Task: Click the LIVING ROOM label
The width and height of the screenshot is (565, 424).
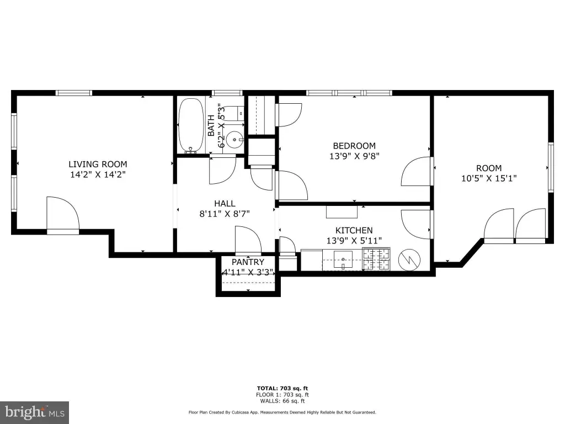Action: pyautogui.click(x=98, y=164)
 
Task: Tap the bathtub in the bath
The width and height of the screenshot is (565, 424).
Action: pyautogui.click(x=191, y=125)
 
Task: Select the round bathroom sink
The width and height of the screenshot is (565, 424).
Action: pyautogui.click(x=234, y=138)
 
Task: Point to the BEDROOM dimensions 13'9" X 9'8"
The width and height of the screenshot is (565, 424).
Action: pyautogui.click(x=355, y=156)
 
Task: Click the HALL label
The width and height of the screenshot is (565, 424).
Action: pyautogui.click(x=225, y=203)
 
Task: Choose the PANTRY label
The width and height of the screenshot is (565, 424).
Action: pyautogui.click(x=248, y=262)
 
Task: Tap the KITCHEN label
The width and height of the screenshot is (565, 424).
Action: pyautogui.click(x=354, y=230)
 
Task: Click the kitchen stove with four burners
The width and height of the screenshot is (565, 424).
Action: pyautogui.click(x=376, y=259)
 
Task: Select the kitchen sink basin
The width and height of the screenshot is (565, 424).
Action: pyautogui.click(x=343, y=259)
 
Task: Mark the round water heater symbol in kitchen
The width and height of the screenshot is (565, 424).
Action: pyautogui.click(x=409, y=259)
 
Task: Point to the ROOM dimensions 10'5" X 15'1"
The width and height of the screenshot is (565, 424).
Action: pyautogui.click(x=489, y=178)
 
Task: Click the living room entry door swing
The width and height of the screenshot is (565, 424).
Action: pyautogui.click(x=63, y=213)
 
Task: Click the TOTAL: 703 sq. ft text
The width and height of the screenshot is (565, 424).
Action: pyautogui.click(x=282, y=388)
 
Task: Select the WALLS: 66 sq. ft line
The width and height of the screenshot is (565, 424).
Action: pyautogui.click(x=282, y=401)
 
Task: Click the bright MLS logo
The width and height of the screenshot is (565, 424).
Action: pyautogui.click(x=35, y=412)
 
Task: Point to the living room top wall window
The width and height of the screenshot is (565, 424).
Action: pyautogui.click(x=74, y=93)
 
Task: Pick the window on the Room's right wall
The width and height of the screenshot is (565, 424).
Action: pyautogui.click(x=551, y=167)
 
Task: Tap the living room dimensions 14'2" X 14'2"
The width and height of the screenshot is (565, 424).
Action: pyautogui.click(x=98, y=175)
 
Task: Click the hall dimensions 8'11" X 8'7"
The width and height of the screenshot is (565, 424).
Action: pyautogui.click(x=225, y=214)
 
